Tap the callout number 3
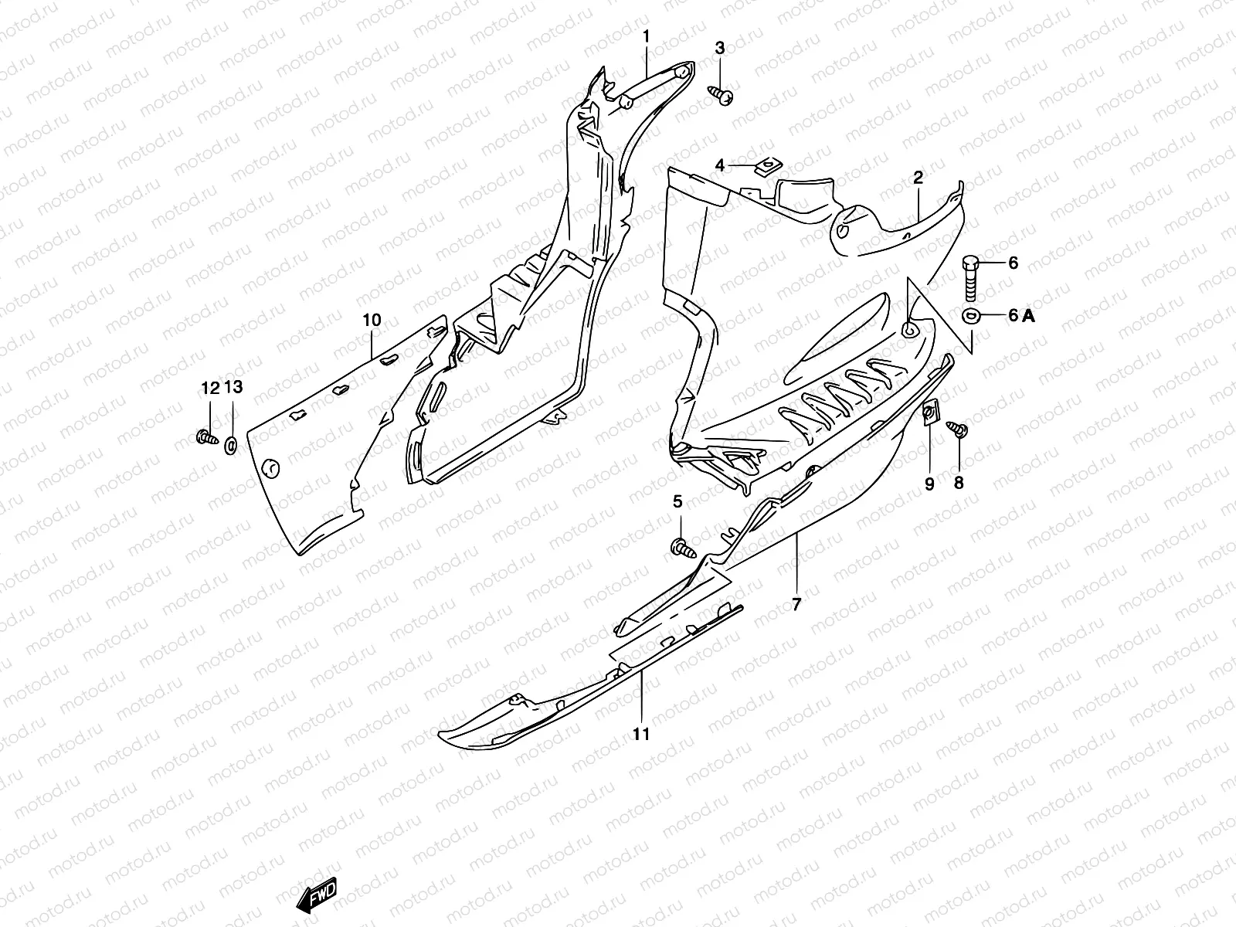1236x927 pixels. point(720,49)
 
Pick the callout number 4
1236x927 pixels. point(720,165)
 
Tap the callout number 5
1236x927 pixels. point(677,502)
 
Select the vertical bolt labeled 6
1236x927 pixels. point(971,277)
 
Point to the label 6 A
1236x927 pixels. point(1020,315)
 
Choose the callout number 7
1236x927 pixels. point(796,605)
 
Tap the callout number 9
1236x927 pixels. point(929,484)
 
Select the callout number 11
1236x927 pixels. point(641,734)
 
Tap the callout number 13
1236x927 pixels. point(233,388)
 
